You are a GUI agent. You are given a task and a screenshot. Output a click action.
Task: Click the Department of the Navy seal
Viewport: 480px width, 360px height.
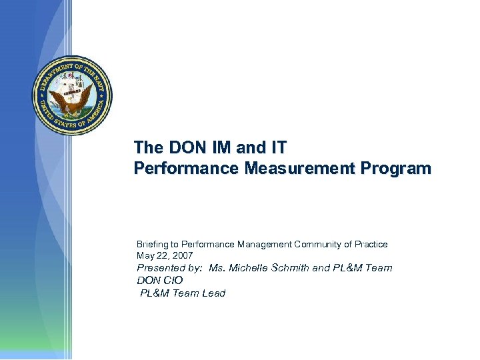[73, 96]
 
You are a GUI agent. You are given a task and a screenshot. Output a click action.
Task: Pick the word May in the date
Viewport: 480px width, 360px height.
[145, 255]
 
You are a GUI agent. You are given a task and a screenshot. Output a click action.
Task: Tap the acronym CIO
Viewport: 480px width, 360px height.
[171, 281]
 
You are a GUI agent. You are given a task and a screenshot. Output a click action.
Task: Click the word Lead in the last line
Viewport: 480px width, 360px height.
[214, 293]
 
